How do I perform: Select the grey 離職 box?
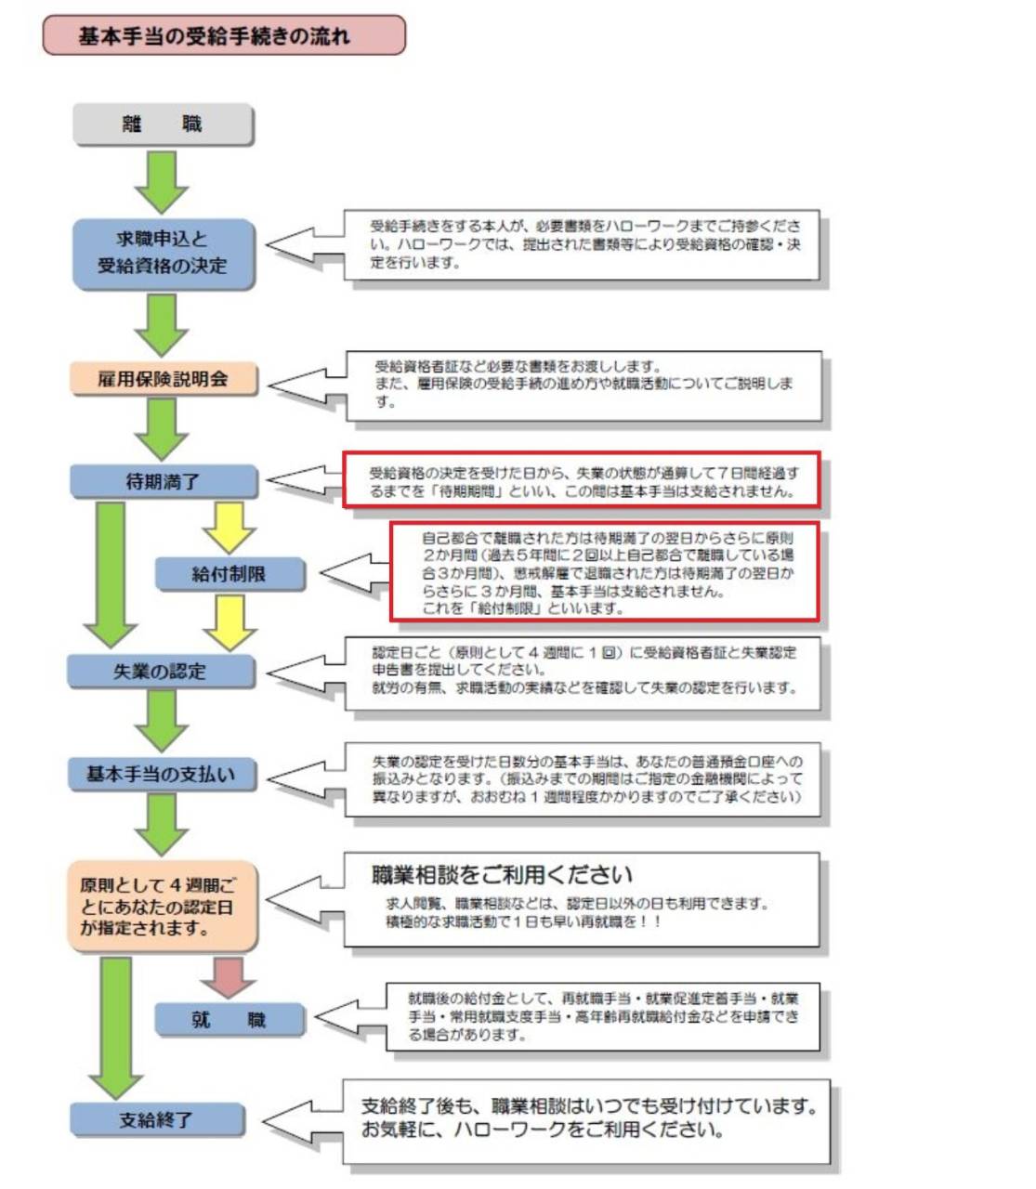(163, 124)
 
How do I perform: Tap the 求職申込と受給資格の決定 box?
(163, 253)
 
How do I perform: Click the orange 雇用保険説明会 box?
(164, 379)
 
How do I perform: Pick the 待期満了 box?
(164, 482)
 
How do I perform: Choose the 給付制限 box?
(229, 575)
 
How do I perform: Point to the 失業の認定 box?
(161, 671)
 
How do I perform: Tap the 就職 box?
(229, 1020)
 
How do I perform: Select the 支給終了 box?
(157, 1120)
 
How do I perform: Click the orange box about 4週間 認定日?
(161, 907)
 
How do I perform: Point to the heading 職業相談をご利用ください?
(502, 875)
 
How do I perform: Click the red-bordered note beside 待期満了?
(582, 481)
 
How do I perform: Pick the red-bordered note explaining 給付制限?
(605, 572)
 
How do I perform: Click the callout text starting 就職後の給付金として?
(603, 1016)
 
